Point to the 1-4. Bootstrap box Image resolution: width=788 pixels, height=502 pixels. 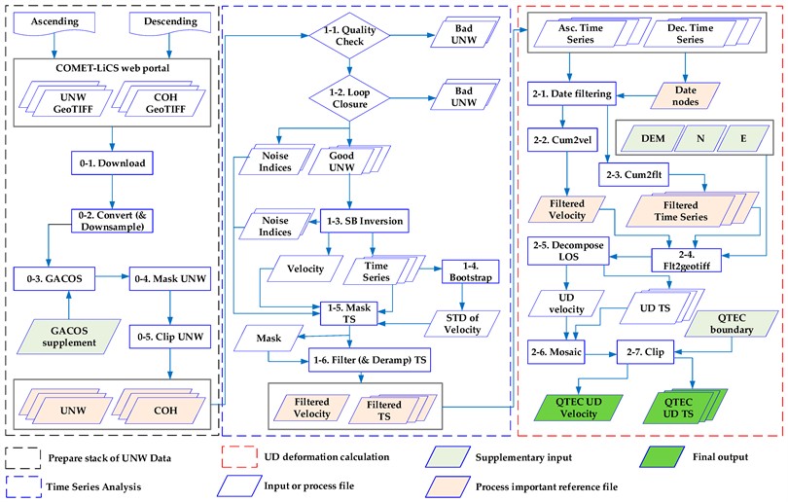click(470, 271)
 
